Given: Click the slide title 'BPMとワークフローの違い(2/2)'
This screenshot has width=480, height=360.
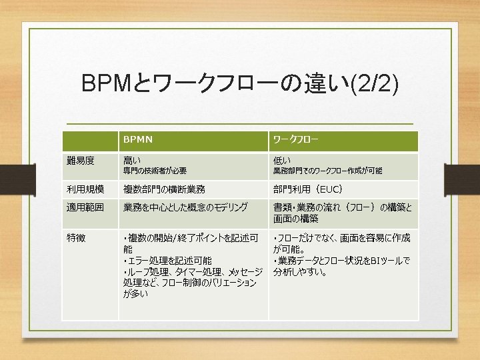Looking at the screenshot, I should pos(239,84).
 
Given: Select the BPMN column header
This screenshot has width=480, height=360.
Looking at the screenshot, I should pos(137,140).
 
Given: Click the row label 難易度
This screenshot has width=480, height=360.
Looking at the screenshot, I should pos(80,160).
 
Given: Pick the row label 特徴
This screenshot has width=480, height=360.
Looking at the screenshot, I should pos(75,237).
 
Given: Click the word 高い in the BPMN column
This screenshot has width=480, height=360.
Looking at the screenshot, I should pos(132,160).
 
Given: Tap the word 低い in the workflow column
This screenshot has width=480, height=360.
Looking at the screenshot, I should pos(281,160).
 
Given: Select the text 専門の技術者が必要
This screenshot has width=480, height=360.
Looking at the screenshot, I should pos(155,171).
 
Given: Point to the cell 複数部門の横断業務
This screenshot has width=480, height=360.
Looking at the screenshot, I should pos(164,189).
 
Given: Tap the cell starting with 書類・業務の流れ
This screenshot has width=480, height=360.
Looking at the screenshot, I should pos(342,213).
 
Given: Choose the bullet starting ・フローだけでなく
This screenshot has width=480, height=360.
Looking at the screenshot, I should pos(341,243).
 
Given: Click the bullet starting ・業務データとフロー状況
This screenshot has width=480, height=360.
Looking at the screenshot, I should pos(341,265).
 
